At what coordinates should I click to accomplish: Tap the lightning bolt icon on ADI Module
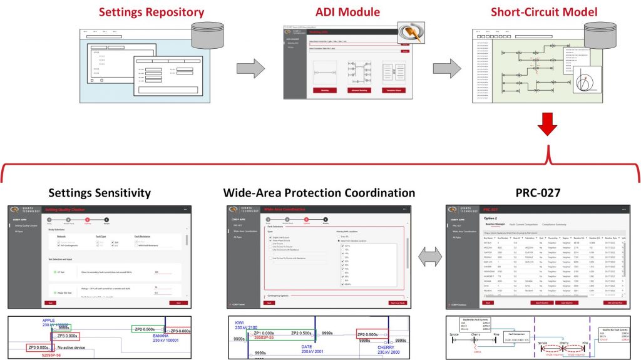pos(411,33)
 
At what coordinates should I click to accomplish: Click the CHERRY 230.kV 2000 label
pos(392,349)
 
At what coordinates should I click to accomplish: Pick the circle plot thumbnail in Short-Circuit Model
pos(585,83)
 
